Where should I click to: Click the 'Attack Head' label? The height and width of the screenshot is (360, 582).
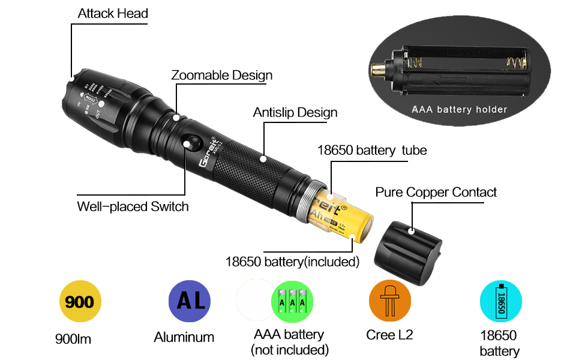point(113,13)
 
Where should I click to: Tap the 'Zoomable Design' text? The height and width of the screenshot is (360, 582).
point(221,76)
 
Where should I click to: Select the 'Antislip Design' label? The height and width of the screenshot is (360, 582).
point(295,113)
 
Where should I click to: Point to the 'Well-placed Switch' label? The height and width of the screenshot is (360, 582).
point(133,207)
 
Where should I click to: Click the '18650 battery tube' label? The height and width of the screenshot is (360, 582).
point(372,150)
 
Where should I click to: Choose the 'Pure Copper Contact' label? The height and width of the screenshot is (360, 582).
point(436,193)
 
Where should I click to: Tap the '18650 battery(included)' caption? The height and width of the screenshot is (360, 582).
point(292,262)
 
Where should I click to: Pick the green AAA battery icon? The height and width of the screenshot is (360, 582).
point(293,301)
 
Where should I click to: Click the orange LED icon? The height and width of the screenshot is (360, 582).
point(389,301)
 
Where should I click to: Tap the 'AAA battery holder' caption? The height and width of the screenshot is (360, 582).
point(459,110)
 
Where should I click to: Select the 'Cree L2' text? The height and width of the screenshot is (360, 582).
point(389,335)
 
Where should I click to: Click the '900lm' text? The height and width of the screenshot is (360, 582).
point(73,340)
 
